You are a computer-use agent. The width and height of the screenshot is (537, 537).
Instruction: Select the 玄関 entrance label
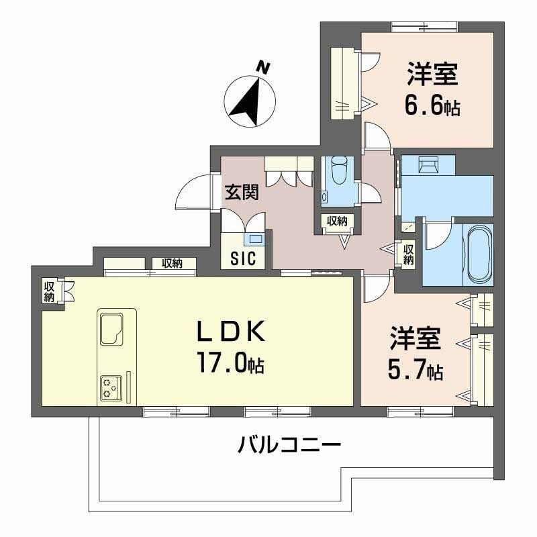pos(242,193)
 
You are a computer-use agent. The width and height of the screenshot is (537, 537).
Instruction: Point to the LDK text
pos(231,331)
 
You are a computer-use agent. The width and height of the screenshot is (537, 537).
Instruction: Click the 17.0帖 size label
pos(230,363)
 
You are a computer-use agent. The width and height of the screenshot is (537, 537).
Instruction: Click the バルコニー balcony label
pos(289,444)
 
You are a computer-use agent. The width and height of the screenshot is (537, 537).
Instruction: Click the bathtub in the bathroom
pos(477,255)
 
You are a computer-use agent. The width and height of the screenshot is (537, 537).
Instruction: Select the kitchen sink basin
pos(112,329)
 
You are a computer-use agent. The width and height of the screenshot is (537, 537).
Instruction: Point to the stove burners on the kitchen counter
pos(111,388)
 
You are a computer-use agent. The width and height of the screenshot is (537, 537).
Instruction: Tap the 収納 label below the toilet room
pos(337,221)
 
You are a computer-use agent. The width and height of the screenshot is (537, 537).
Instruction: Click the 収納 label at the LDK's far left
pos(49,291)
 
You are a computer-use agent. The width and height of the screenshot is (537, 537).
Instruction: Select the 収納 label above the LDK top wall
pos(172,264)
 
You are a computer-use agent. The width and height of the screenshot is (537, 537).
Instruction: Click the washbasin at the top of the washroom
pos(428,164)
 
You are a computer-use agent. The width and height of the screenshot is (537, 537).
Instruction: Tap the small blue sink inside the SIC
pos(254,239)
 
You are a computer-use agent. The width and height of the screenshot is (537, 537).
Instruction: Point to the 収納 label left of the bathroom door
pos(408,254)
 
